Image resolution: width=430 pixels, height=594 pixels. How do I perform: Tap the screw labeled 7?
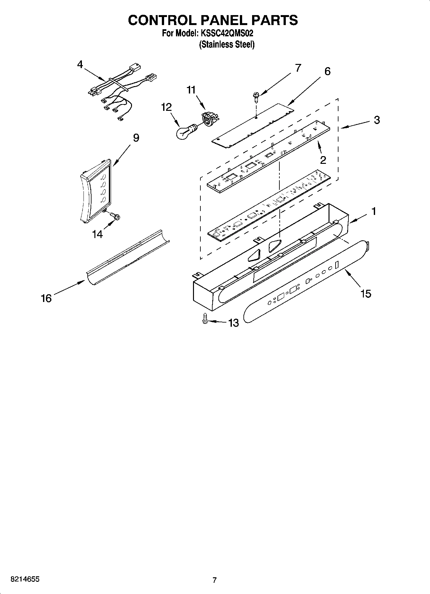point(256,96)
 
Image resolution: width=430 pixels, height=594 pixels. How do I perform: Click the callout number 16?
point(46,298)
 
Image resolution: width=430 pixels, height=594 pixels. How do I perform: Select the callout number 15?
point(366,293)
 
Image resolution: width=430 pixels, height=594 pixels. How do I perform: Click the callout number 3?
point(377,120)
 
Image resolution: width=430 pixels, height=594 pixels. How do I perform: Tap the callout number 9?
point(136,138)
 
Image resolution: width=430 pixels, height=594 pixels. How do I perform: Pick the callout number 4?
point(80,65)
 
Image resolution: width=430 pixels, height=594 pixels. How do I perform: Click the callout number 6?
point(327,71)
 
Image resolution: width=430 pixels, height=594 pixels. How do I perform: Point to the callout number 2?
point(323,160)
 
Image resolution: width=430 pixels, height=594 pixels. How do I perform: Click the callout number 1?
point(373,211)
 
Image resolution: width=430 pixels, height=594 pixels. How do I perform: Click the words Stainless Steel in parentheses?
point(227,45)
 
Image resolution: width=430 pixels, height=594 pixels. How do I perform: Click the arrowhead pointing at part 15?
point(346,272)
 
